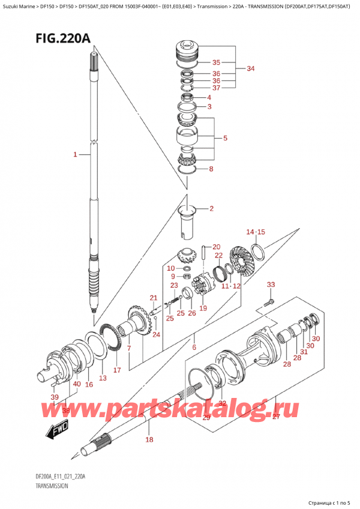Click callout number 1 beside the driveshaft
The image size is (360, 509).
pyautogui.click(x=75, y=155)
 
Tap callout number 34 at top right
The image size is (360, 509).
pyautogui.click(x=250, y=68)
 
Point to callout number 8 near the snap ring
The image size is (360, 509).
pyautogui.click(x=210, y=169)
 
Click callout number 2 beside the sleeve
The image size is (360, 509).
pyautogui.click(x=211, y=209)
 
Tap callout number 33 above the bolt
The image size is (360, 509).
pyautogui.click(x=271, y=285)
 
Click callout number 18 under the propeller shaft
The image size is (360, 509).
pyautogui.click(x=149, y=439)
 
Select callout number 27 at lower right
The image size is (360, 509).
pyautogui.click(x=276, y=417)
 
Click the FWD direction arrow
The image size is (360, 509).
pyautogui.click(x=58, y=430)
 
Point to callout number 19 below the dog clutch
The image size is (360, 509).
pyautogui.click(x=203, y=309)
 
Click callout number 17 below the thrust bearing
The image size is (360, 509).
pyautogui.click(x=118, y=370)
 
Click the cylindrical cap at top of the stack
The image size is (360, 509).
pyautogui.click(x=187, y=49)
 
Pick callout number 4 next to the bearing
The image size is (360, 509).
pyautogui.click(x=209, y=98)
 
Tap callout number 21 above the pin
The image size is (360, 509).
pyautogui.click(x=153, y=298)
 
